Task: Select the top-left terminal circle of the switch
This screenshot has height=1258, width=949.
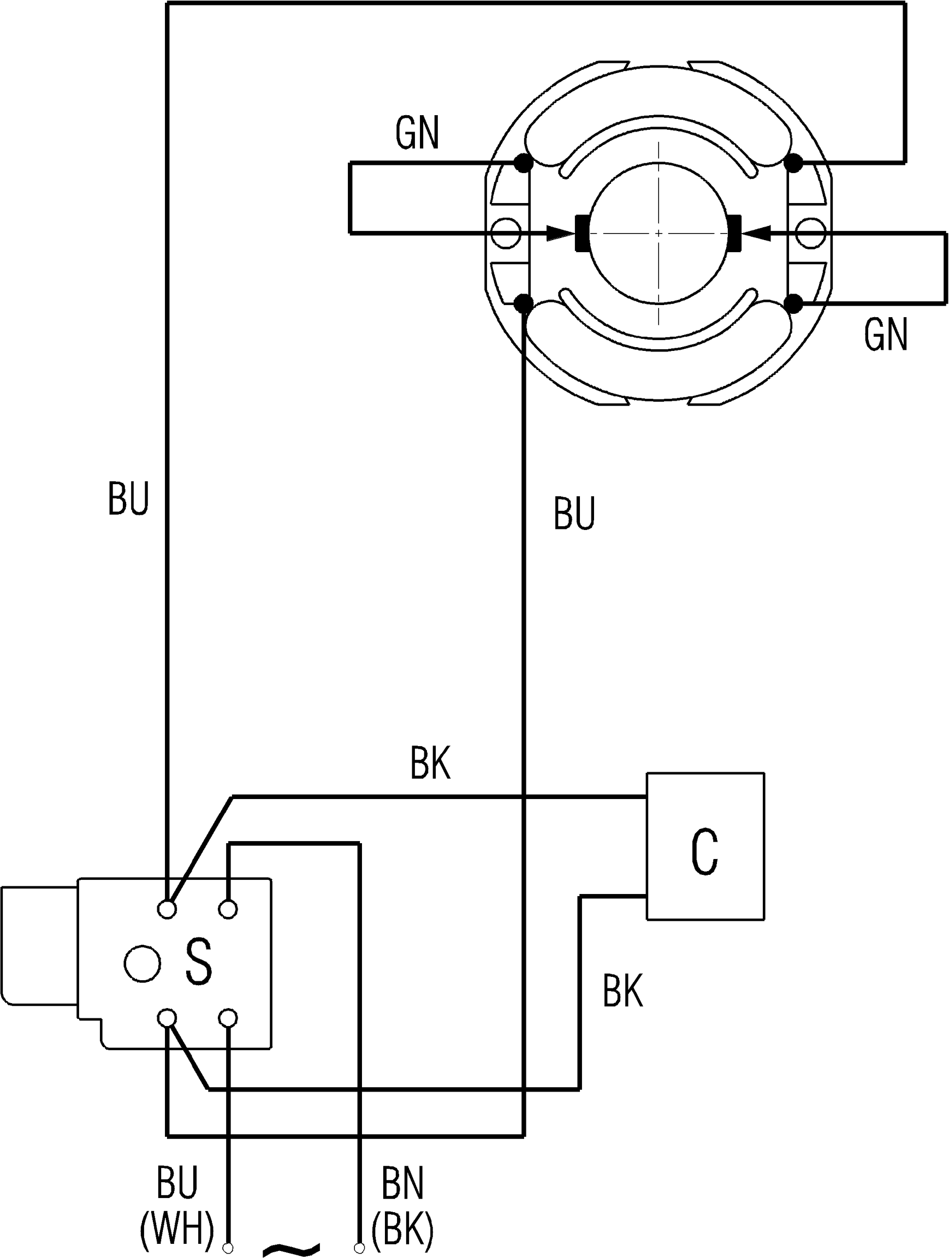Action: coord(167,909)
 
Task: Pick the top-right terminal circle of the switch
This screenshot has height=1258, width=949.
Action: coord(228,909)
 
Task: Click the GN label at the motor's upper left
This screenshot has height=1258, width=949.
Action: coord(417,134)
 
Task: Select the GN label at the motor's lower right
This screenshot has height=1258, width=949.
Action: coord(885,336)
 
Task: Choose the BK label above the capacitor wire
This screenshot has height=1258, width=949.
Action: coord(430,765)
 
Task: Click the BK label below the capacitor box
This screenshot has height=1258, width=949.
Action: coord(622,990)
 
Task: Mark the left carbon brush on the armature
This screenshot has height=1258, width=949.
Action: coord(583,232)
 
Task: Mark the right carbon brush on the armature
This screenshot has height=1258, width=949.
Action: coord(734,232)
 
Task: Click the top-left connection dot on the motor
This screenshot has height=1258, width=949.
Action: coord(523,164)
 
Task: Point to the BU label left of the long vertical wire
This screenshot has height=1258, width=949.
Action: coord(128,499)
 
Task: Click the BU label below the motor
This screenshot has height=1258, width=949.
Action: coord(574,514)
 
